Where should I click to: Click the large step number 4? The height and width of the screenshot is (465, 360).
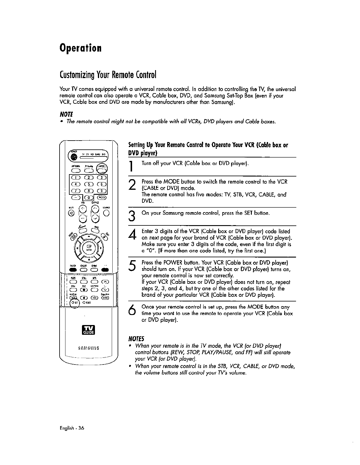132,235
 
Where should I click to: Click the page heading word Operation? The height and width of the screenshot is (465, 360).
80,48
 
